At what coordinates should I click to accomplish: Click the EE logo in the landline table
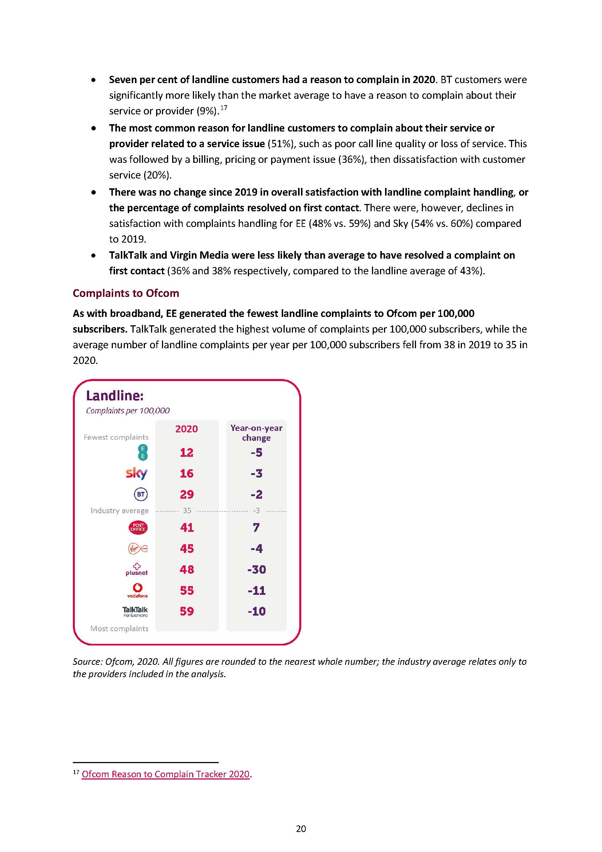coord(142,452)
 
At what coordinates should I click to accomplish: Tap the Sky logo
coord(136,473)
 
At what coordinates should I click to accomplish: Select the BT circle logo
coord(140,494)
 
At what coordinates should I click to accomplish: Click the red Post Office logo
coord(138,527)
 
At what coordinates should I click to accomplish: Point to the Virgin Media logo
coord(138,549)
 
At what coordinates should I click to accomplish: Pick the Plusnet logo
coord(137,569)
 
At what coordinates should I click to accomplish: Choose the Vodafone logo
coord(138,590)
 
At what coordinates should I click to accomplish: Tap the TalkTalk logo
coord(135,611)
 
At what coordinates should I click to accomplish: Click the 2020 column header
coord(186,429)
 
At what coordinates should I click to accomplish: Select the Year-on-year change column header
coord(256,433)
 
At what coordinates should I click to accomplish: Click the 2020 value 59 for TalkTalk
coord(187,611)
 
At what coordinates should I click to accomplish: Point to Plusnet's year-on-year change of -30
coord(257,569)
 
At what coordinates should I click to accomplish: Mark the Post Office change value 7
coord(256,527)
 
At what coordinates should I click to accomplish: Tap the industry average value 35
coord(187,511)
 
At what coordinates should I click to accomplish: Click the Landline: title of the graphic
coord(115,396)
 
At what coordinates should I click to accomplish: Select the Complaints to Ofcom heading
coord(126,293)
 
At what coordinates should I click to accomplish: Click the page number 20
coord(301,829)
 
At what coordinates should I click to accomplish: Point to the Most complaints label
coord(119,629)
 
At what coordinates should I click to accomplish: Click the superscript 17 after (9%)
coord(223,108)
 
